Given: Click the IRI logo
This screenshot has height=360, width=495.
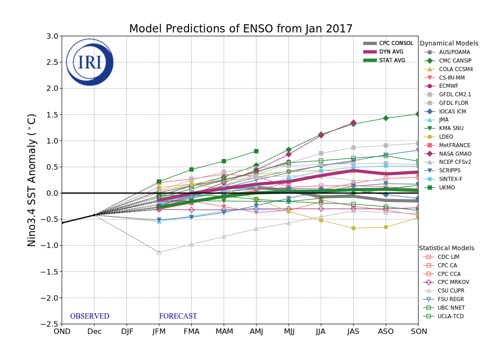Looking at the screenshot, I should click(90, 62).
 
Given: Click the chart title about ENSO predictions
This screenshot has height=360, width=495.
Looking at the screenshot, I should click(241, 29).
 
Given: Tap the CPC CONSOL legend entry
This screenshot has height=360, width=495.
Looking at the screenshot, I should click(396, 43).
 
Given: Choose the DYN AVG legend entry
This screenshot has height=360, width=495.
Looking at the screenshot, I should click(391, 52).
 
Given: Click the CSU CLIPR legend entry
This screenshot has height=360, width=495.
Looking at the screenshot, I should click(451, 291).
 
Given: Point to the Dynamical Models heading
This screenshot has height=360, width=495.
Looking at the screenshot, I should click(449, 44).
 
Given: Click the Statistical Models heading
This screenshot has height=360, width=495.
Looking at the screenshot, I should click(446, 248).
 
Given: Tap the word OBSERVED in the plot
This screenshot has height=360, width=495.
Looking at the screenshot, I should click(90, 316).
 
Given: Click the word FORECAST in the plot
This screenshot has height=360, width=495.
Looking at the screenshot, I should click(178, 316).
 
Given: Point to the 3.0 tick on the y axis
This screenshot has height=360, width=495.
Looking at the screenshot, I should click(52, 36).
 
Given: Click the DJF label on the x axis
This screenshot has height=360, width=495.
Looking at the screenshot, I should click(126, 332).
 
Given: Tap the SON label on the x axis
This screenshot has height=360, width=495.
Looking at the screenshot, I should click(418, 332).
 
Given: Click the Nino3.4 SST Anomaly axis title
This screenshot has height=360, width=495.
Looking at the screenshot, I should click(32, 180).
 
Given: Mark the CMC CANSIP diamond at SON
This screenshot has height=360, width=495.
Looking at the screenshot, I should click(418, 114).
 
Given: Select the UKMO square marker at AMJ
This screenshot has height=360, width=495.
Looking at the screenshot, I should click(256, 151).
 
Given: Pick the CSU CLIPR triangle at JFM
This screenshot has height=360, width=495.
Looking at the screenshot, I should click(159, 252).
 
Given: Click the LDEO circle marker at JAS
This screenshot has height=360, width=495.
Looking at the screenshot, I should click(353, 228).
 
